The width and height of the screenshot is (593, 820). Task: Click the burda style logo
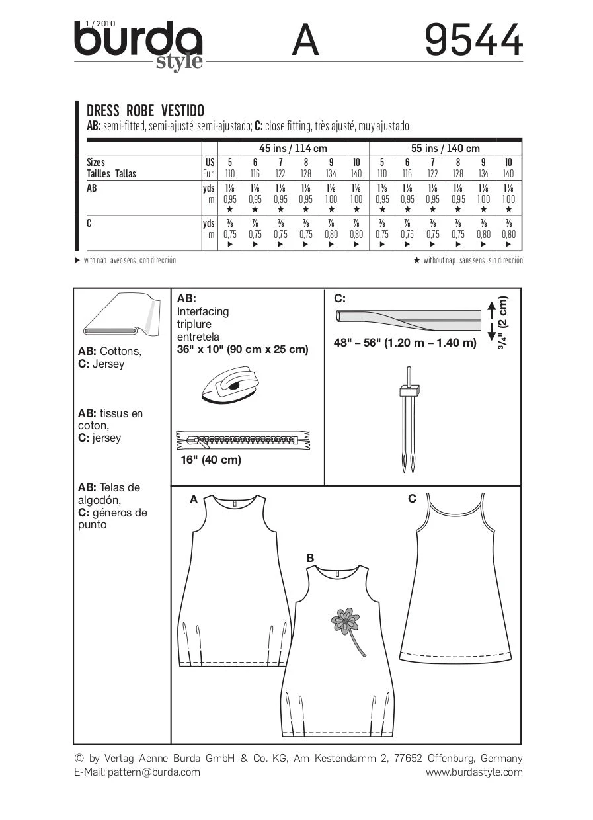139,44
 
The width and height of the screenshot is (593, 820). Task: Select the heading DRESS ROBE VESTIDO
145,110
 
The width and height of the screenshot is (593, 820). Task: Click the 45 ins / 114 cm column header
293,148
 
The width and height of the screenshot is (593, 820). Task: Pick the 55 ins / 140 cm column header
445,148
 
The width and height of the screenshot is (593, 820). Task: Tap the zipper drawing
243,439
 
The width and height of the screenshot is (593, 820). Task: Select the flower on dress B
345,622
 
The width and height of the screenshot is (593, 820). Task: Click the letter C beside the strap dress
412,499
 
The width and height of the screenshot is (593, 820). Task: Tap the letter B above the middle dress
310,558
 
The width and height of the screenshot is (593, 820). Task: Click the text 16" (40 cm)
210,460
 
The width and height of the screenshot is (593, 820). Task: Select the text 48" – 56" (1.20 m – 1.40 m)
405,343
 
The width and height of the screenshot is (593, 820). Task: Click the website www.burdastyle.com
474,772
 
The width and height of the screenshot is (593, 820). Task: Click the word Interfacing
203,311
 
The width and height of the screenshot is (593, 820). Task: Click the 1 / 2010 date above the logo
91,24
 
